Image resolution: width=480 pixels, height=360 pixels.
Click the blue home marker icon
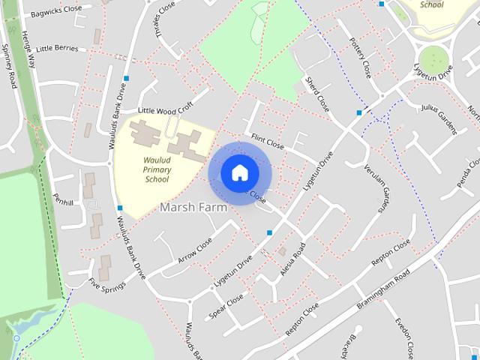point(239,172)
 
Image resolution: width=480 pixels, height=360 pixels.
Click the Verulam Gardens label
point(375,188)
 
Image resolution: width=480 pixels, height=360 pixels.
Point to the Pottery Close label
point(361,59)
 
